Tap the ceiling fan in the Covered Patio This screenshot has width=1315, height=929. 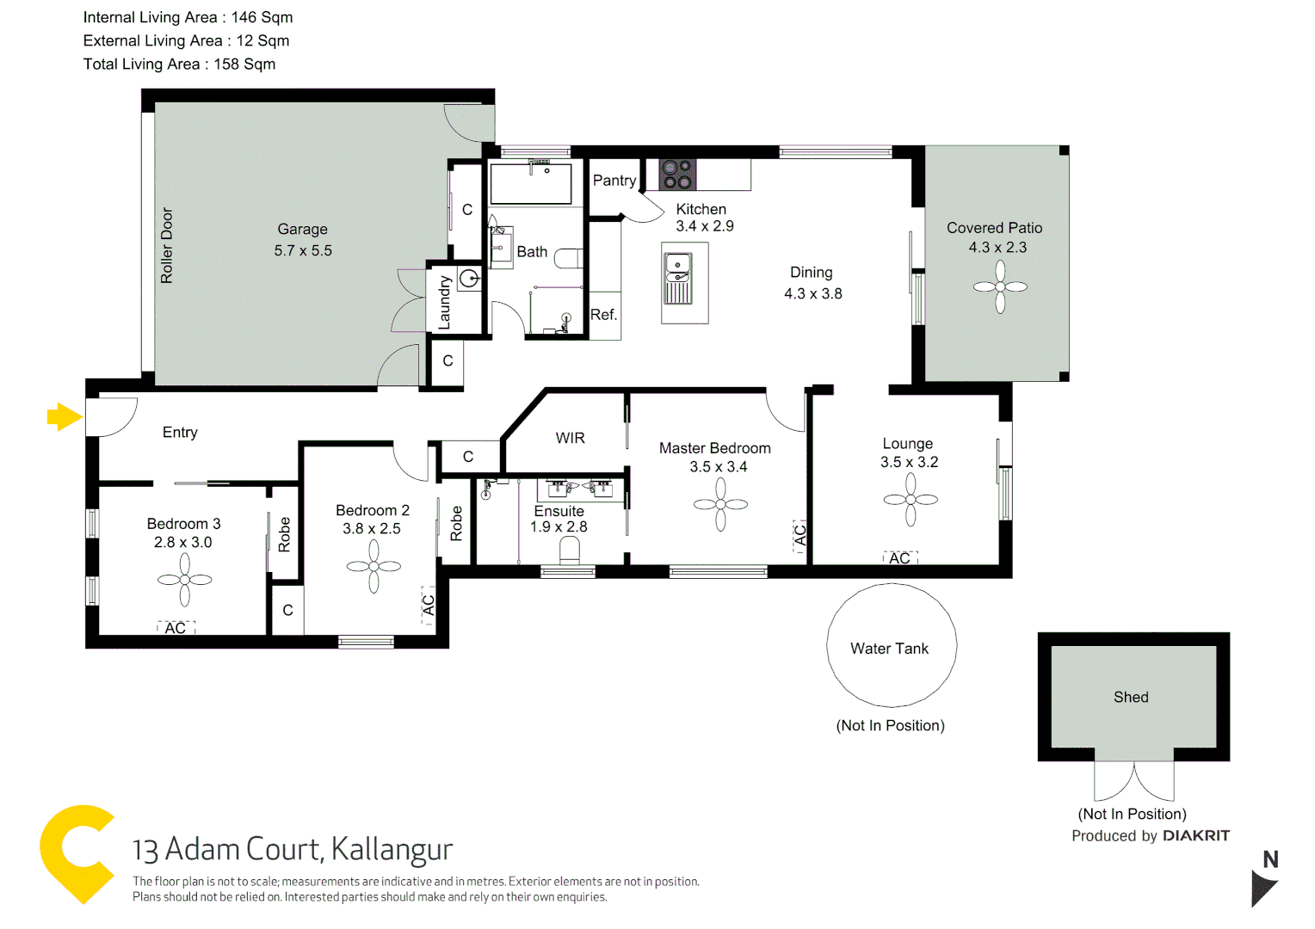1000,286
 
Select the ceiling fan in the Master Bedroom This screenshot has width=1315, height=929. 720,504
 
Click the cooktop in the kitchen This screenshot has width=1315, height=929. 676,175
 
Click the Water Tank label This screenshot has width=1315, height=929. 889,649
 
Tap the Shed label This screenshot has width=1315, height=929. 1131,697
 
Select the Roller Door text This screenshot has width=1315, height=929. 167,245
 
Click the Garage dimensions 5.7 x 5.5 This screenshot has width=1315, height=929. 303,250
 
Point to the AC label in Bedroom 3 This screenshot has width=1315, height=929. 176,628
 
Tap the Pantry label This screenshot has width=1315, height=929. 614,180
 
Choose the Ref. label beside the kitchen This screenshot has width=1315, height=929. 603,315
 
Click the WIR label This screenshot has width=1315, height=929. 570,438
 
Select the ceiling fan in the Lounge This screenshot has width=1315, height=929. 910,499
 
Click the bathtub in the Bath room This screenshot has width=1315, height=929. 531,183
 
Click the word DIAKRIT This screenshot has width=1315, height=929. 1195,835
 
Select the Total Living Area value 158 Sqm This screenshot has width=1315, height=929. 244,64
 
